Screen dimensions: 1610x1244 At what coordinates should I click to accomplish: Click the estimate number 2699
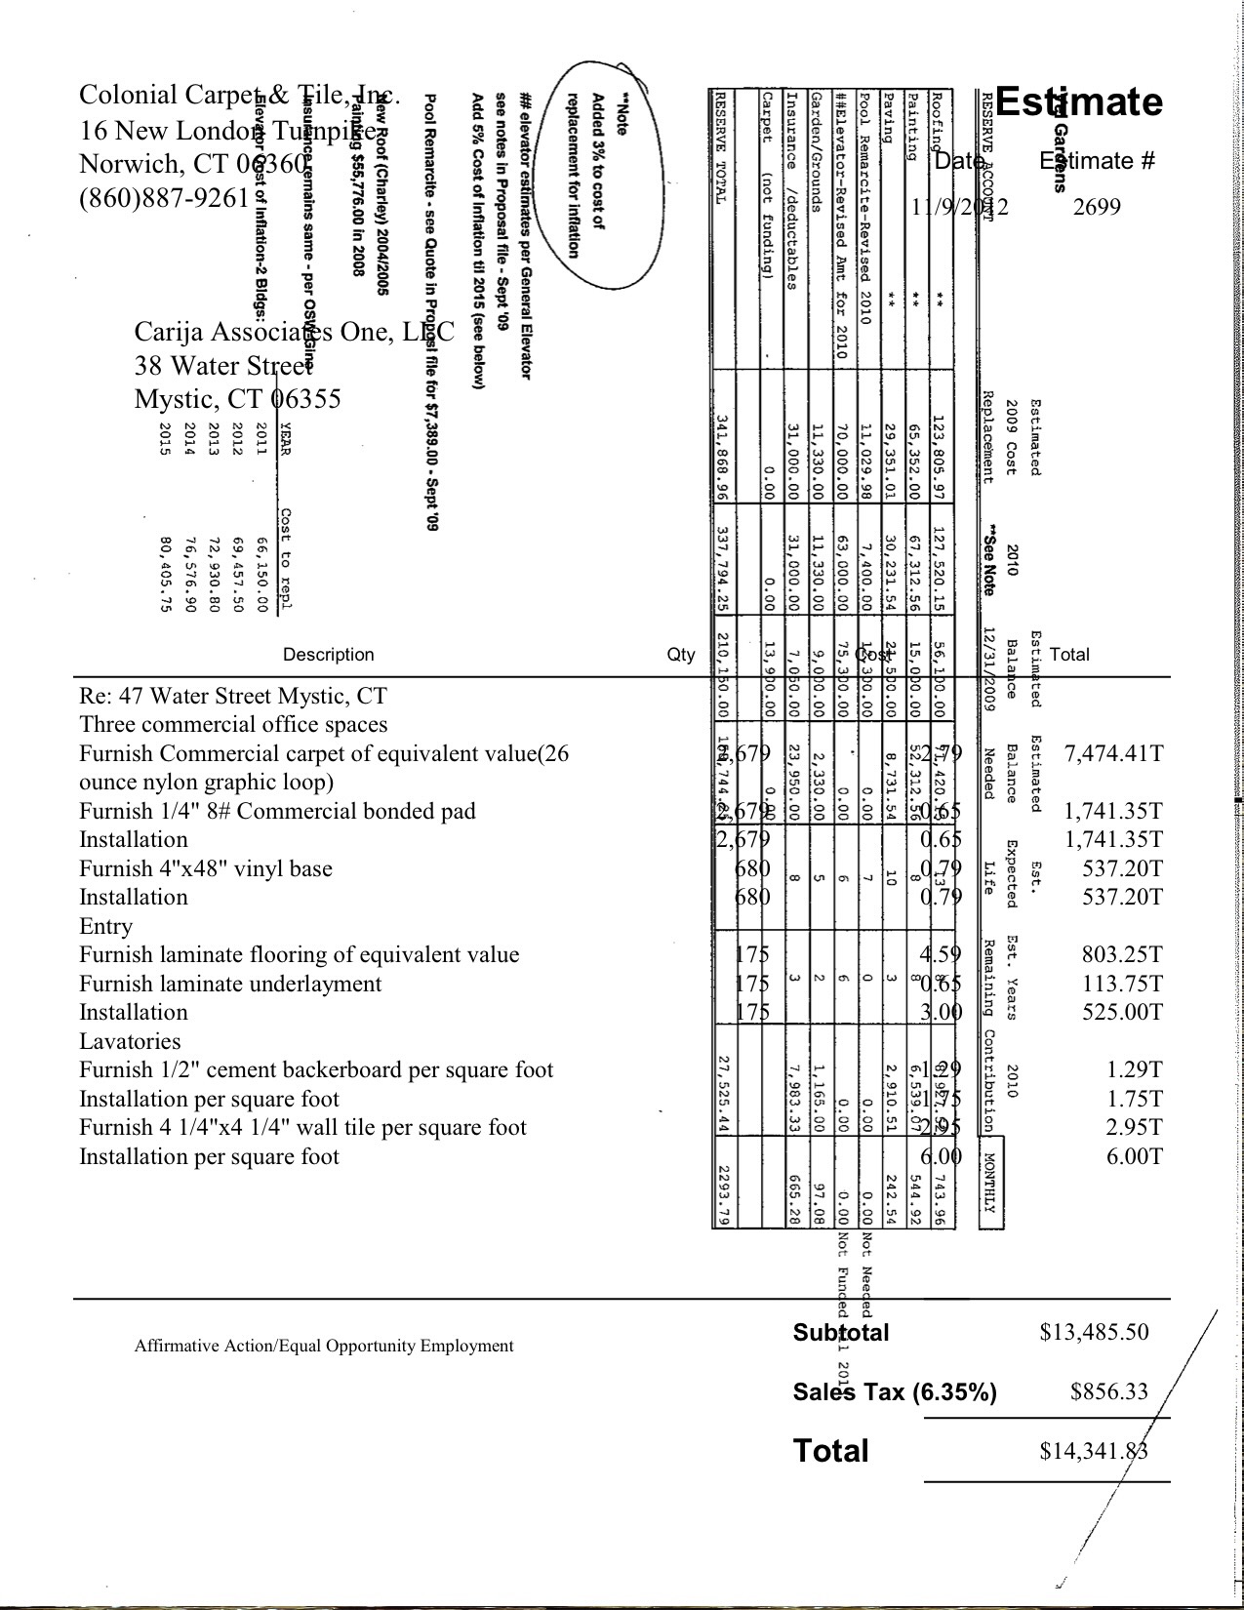click(1097, 206)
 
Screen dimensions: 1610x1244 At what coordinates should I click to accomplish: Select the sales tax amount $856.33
click(1109, 1391)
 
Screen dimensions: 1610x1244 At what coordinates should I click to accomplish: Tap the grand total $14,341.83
click(1094, 1451)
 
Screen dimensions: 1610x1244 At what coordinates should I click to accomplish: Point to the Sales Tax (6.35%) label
click(895, 1392)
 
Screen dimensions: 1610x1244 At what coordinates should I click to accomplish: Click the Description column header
click(328, 655)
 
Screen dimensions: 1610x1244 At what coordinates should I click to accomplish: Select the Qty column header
click(681, 655)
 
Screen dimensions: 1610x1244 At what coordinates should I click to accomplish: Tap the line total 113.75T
click(1122, 984)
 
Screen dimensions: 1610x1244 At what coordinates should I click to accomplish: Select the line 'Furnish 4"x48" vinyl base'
click(206, 869)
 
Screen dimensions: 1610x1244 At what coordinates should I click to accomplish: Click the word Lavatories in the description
click(130, 1041)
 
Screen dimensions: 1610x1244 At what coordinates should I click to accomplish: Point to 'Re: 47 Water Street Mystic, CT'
click(232, 697)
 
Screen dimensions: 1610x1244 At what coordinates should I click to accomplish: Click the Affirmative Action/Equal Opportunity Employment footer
click(324, 1347)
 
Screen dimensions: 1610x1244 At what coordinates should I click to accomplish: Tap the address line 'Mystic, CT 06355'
click(237, 399)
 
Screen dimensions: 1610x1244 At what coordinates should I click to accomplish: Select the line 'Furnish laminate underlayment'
click(230, 984)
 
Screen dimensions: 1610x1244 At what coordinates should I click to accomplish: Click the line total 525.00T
click(1122, 1013)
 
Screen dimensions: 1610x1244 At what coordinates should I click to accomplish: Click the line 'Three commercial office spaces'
click(233, 725)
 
